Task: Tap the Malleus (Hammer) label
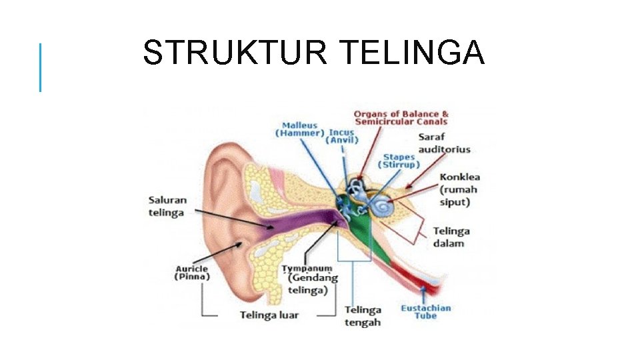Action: click(299, 129)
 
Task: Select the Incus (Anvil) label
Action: click(341, 136)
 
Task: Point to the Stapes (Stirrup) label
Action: click(399, 161)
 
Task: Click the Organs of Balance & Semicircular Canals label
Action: click(401, 118)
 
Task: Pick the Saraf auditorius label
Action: click(444, 143)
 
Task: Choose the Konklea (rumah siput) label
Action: click(459, 189)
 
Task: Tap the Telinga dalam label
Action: click(451, 237)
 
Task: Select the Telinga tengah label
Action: click(363, 316)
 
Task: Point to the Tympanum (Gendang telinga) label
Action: click(307, 279)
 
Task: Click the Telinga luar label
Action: click(269, 315)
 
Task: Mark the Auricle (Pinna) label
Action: click(192, 273)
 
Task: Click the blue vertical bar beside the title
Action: click(40, 67)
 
